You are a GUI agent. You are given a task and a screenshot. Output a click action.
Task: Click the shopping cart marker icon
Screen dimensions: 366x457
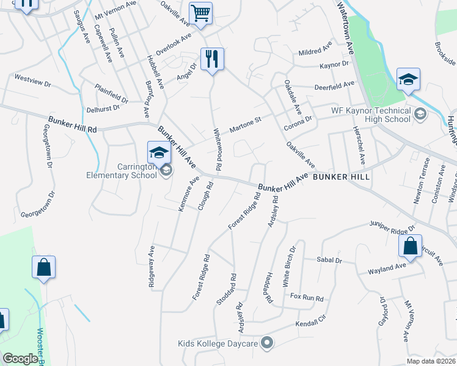coord(200,13)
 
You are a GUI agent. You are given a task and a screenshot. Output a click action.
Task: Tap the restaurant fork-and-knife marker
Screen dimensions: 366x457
coord(212,59)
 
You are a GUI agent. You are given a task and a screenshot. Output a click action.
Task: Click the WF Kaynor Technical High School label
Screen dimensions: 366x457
coord(371,115)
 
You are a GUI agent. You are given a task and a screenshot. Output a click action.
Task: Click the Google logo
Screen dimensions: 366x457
coord(20,359)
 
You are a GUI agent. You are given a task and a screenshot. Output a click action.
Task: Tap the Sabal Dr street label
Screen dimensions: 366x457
coord(329,260)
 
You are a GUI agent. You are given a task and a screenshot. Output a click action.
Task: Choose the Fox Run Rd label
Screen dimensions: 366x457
coord(306,298)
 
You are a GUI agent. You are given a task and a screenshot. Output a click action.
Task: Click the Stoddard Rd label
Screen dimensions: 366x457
coord(227,290)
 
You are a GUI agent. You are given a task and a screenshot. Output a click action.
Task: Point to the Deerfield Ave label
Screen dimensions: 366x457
coord(334,85)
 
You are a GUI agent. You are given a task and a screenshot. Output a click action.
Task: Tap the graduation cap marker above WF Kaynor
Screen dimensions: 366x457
coord(408,79)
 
